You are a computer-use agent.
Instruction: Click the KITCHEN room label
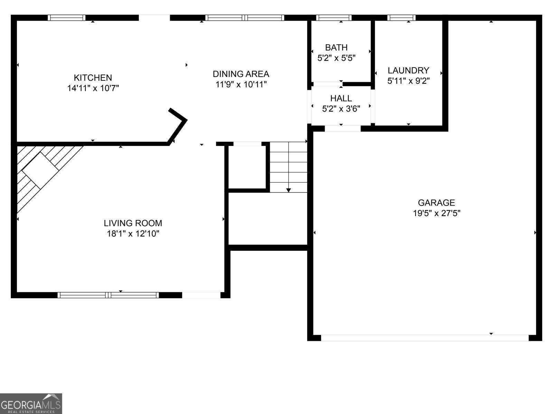point(93,78)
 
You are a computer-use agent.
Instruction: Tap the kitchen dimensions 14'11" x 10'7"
point(93,88)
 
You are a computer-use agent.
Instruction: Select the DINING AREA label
point(241,74)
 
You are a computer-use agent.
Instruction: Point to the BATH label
point(336,47)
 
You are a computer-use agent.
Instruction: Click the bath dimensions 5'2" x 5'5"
point(336,58)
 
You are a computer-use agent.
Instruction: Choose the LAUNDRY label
point(408,70)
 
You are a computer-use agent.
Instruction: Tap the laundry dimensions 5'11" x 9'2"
point(408,81)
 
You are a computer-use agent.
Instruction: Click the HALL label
point(341,98)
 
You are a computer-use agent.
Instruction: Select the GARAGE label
point(436,203)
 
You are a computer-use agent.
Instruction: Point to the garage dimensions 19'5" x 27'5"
point(436,213)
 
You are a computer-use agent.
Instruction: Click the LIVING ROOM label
point(133,223)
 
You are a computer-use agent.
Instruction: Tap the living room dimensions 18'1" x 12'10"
point(133,234)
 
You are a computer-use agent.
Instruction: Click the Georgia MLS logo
point(31,404)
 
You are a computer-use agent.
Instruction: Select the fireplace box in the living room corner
point(40,170)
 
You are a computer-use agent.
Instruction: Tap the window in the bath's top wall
point(334,18)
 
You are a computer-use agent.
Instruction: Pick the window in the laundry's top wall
point(401,18)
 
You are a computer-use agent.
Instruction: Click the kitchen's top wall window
point(66,18)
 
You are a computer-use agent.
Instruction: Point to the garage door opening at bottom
point(425,338)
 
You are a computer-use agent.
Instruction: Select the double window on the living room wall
point(108,295)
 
